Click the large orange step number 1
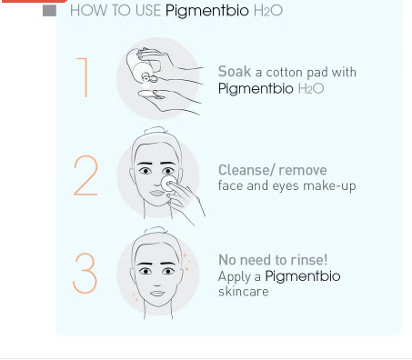85,77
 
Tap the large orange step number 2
85,175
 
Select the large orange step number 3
85,273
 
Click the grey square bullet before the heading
50,11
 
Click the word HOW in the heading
87,11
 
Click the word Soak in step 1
235,72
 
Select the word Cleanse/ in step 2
246,170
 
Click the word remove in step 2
302,170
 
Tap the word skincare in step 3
244,292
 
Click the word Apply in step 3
235,276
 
